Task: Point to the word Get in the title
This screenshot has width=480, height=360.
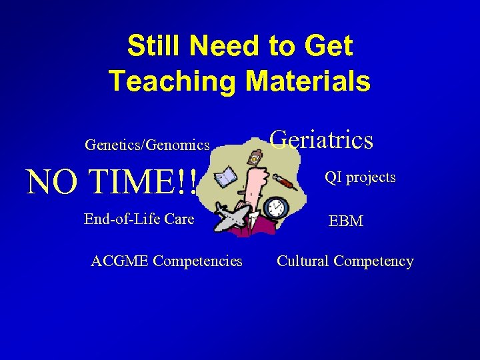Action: (327, 47)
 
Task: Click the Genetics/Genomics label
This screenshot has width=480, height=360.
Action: (147, 144)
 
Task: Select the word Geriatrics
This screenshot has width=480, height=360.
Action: (321, 140)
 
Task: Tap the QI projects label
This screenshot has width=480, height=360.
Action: (360, 177)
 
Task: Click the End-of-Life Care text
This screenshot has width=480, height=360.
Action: (139, 219)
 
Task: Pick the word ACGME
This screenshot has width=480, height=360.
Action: (119, 261)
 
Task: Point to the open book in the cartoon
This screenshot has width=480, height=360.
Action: (225, 176)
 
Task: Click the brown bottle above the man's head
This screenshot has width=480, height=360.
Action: (255, 157)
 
